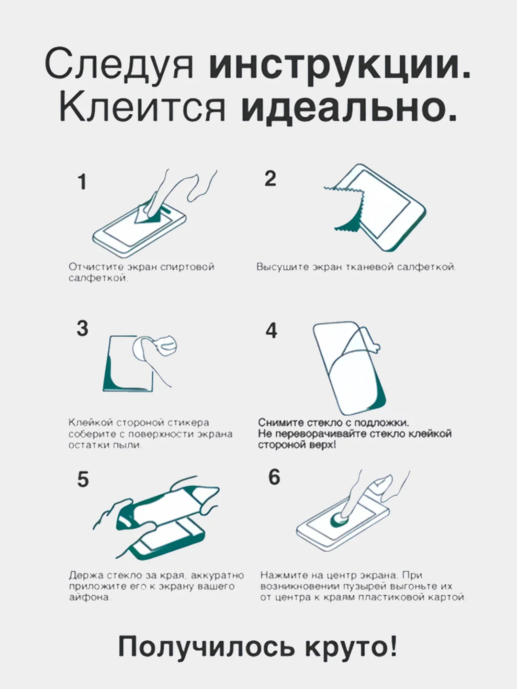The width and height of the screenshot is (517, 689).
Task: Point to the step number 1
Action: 82,182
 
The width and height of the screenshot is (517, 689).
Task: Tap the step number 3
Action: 82,328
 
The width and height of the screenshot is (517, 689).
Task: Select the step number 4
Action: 271,331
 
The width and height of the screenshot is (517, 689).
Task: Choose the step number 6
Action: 274,477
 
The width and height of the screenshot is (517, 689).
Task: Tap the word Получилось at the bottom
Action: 206,646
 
